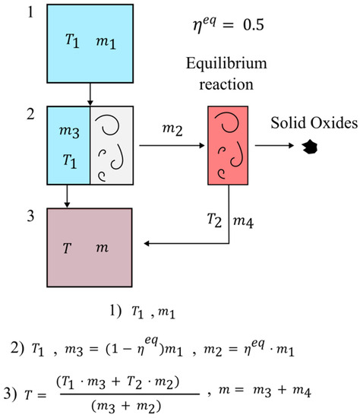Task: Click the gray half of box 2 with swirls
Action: tap(112, 145)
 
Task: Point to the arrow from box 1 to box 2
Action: tap(90, 95)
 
